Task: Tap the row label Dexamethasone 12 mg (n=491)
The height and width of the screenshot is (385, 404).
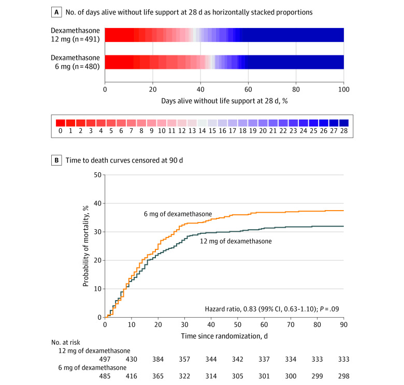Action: (x=76, y=35)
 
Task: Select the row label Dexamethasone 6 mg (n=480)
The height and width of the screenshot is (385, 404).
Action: (x=76, y=62)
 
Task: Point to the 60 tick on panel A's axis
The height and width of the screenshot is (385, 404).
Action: (x=248, y=89)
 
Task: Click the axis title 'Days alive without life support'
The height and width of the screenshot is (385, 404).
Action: (x=224, y=101)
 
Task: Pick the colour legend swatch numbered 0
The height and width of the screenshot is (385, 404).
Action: (x=61, y=123)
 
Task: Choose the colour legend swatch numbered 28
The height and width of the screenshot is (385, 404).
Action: (x=343, y=123)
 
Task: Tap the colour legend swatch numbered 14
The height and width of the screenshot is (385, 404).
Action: (x=202, y=123)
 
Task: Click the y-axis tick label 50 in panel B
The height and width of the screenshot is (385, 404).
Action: (x=97, y=175)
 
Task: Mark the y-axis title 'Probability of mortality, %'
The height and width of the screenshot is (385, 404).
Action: (x=85, y=246)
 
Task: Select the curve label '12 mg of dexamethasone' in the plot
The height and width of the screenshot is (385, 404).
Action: (x=236, y=241)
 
